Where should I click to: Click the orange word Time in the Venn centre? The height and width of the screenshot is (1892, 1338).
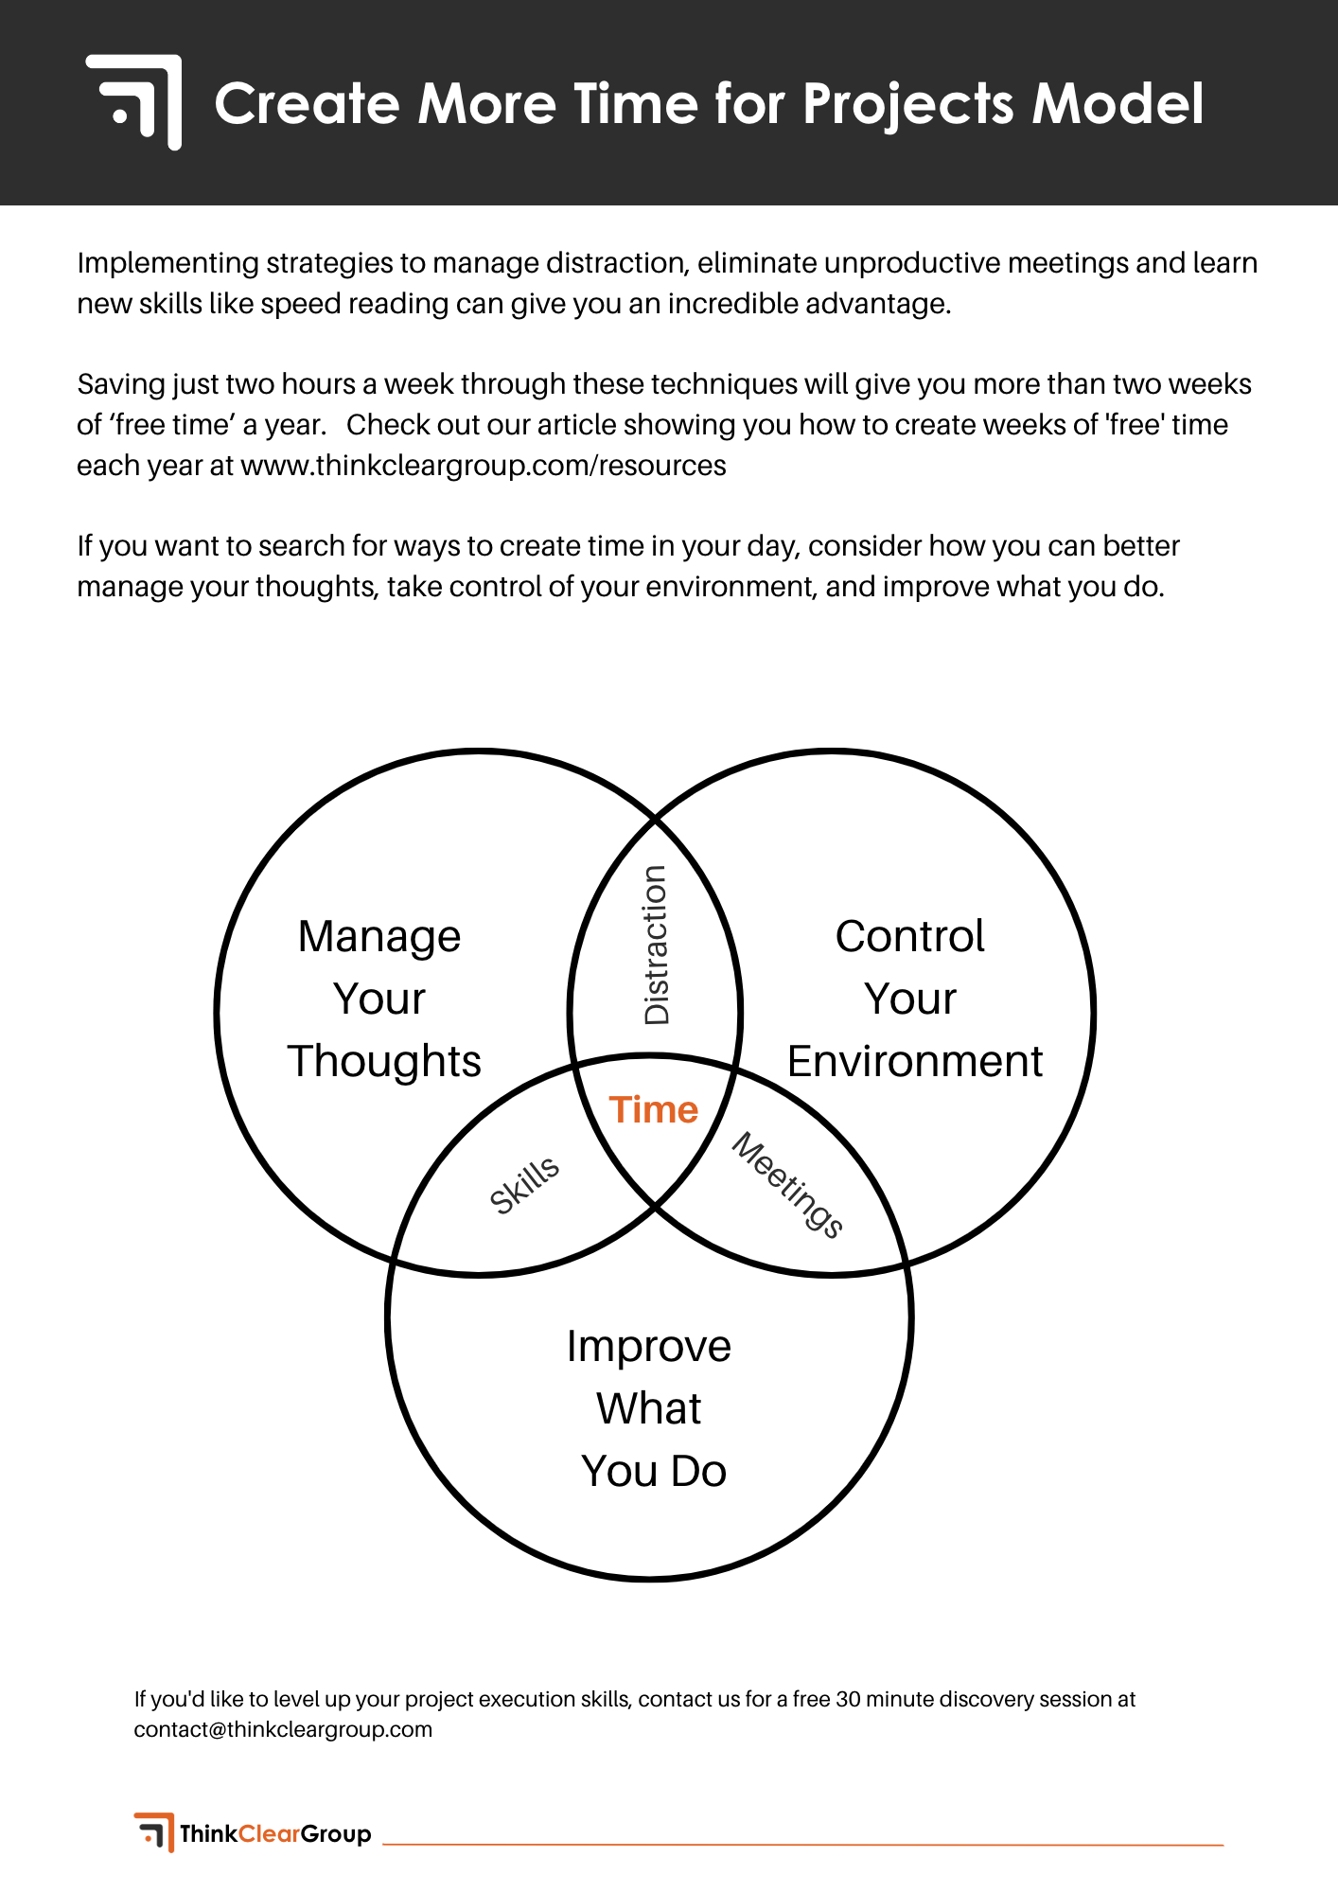653,1109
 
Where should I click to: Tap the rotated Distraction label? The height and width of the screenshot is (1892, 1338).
656,945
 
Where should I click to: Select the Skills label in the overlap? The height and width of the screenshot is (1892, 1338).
524,1185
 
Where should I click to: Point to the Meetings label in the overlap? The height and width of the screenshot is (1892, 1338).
787,1185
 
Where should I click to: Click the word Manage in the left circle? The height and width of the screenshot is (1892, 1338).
379,937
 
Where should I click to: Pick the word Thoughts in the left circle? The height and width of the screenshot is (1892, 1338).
384,1062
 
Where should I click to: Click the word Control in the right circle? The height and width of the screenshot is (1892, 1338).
909,937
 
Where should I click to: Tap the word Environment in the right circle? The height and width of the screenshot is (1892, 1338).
914,1062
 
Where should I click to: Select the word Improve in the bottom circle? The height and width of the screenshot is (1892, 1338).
649,1347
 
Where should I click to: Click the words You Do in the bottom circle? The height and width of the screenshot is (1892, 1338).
654,1471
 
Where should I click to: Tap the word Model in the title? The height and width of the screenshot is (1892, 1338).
1118,103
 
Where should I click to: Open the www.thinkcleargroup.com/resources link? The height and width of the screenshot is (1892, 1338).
484,466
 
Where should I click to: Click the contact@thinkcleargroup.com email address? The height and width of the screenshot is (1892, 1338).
283,1729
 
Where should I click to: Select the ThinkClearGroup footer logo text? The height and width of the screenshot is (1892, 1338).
275,1834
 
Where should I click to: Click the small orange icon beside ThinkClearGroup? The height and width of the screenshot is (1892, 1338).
154,1832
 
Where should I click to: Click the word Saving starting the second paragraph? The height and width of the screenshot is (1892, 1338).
120,384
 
